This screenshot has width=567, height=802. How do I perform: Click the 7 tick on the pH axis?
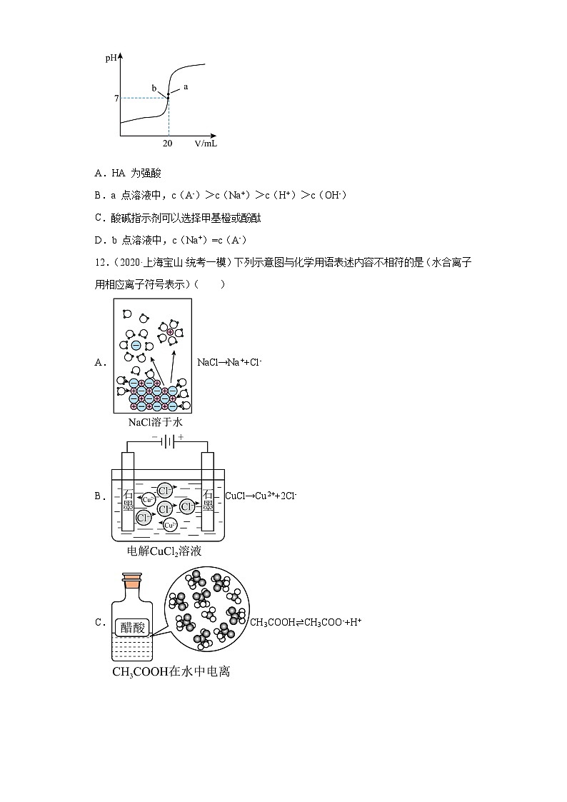[115, 98]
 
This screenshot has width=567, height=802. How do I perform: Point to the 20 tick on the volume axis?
[167, 143]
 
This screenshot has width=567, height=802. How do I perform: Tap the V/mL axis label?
[206, 143]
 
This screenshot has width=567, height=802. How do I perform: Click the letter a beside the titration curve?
[186, 86]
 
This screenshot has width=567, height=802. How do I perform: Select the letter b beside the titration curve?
[154, 88]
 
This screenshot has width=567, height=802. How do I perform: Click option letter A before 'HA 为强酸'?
[98, 173]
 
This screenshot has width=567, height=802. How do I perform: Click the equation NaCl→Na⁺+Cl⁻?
[229, 362]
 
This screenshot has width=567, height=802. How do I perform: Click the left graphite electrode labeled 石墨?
[129, 501]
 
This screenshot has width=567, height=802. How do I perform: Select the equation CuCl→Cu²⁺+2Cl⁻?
[261, 495]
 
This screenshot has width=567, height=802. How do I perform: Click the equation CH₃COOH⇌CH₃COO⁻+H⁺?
[305, 622]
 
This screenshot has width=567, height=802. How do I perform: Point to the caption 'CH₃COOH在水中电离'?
[171, 672]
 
